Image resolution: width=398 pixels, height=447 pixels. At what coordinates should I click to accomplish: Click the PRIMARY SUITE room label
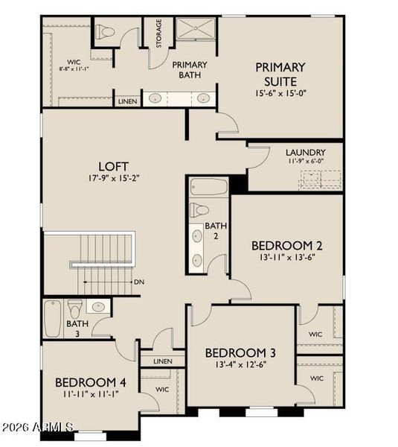click(280, 73)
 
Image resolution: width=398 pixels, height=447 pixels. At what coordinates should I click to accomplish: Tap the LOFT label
click(114, 165)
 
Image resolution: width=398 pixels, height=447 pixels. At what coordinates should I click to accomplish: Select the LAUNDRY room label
click(305, 151)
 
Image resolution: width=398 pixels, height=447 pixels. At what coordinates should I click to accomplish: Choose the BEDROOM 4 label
click(91, 382)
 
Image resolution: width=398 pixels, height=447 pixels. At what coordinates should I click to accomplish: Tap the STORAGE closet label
click(158, 34)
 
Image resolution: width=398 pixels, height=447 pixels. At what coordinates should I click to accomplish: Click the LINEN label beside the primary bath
click(127, 101)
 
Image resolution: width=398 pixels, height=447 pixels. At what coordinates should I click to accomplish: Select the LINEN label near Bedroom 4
click(163, 361)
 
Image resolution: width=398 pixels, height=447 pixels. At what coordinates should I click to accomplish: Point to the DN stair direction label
click(138, 282)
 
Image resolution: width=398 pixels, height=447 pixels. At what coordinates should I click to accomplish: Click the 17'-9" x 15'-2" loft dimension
click(114, 179)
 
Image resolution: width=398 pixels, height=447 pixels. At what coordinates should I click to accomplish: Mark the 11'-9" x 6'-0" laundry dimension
click(305, 161)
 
